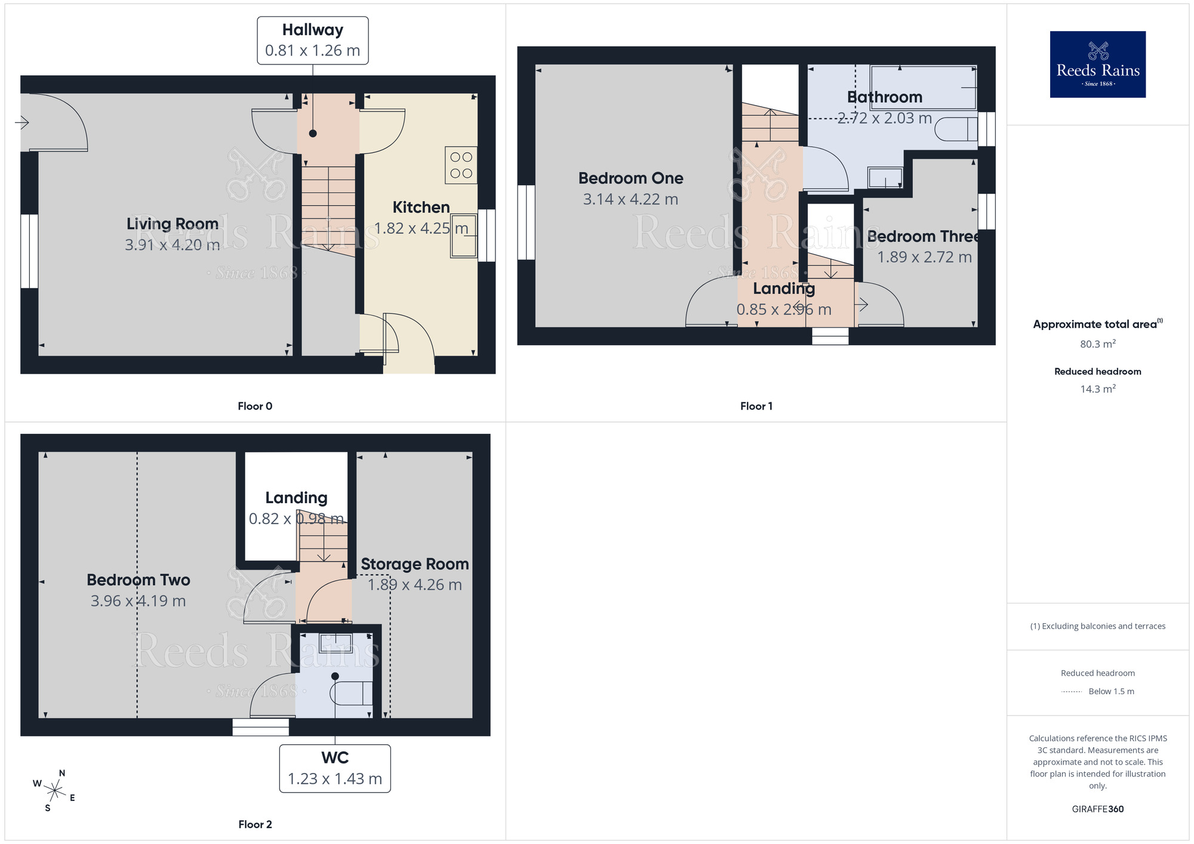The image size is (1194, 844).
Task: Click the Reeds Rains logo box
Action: point(1097,64)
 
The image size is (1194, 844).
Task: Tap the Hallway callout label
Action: point(312,40)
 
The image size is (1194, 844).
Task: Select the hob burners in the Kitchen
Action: point(461,165)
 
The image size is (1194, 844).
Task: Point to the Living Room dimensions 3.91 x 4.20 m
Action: point(172,245)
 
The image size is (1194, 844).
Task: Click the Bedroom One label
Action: point(630,178)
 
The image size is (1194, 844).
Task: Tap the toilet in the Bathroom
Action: point(956,129)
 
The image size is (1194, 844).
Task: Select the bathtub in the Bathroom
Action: point(923,88)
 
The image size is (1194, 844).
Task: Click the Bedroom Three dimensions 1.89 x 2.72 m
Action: point(924,257)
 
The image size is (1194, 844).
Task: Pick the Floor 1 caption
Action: point(756,406)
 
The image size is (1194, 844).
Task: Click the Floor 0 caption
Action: point(255,406)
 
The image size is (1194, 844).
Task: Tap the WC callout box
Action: point(335,768)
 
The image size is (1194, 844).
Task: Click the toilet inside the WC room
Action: point(351,692)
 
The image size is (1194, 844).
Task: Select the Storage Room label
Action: point(414,564)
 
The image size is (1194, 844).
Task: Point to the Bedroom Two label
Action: point(139,580)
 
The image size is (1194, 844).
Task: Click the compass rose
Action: point(54,791)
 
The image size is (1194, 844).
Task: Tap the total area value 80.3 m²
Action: point(1097,344)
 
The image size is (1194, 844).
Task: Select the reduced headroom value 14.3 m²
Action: point(1097,389)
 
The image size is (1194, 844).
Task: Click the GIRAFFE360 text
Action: point(1097,809)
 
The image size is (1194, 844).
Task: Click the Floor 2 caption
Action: point(255,824)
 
